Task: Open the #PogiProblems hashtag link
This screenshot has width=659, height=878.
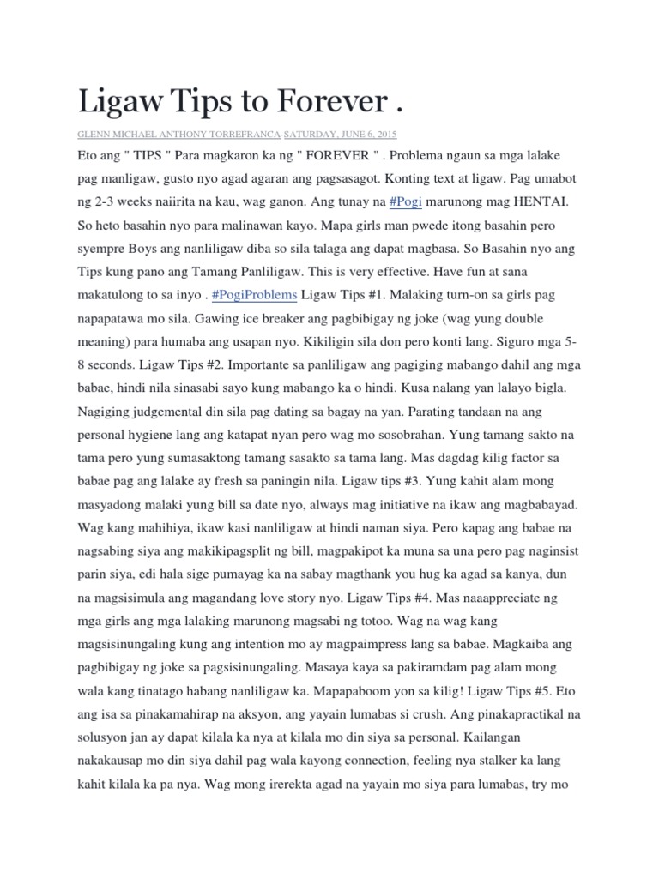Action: tap(255, 294)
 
